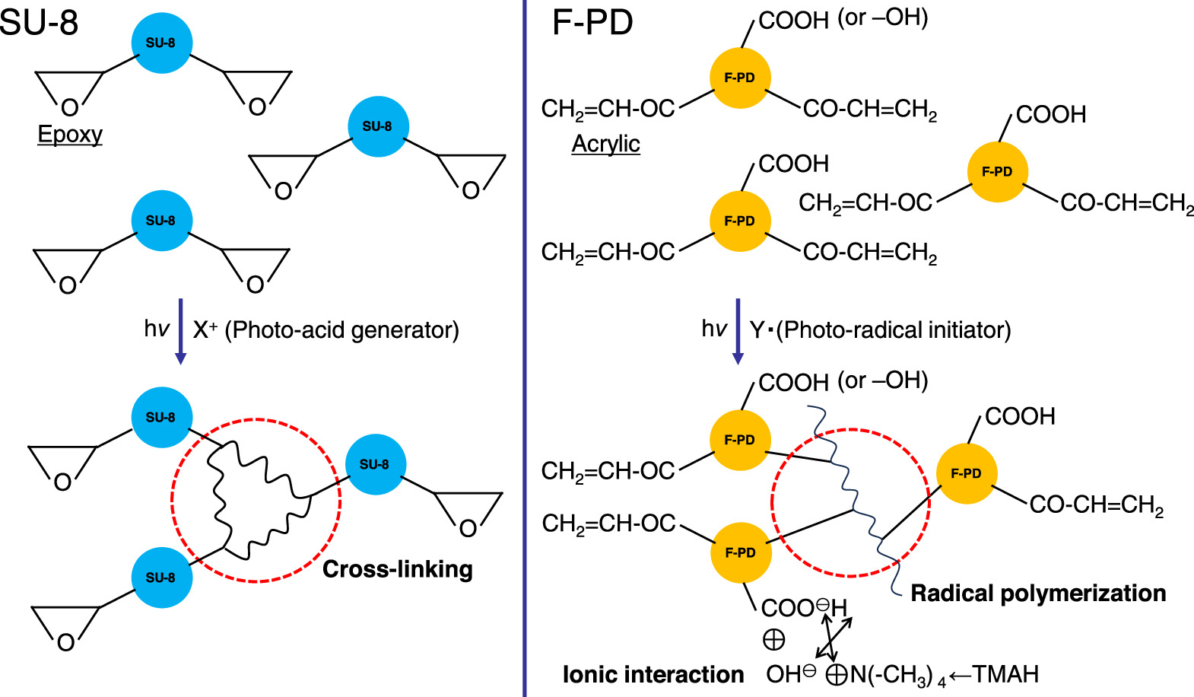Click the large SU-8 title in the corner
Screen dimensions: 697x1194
40,22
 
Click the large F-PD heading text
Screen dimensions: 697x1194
592,23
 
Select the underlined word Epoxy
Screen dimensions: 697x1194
70,135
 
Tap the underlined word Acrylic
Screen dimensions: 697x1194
605,144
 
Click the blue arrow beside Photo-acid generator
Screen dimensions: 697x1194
180,331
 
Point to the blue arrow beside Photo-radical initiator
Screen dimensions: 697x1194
737,331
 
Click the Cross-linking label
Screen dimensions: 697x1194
397,569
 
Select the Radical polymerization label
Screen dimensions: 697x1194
1038,594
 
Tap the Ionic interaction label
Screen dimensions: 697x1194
653,674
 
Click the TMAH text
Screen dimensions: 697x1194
1005,674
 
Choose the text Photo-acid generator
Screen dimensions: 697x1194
342,330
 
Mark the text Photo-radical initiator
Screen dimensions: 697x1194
894,330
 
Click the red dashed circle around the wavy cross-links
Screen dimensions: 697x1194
173,500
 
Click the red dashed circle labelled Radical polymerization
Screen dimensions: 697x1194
773,502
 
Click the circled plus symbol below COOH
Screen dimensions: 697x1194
773,640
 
